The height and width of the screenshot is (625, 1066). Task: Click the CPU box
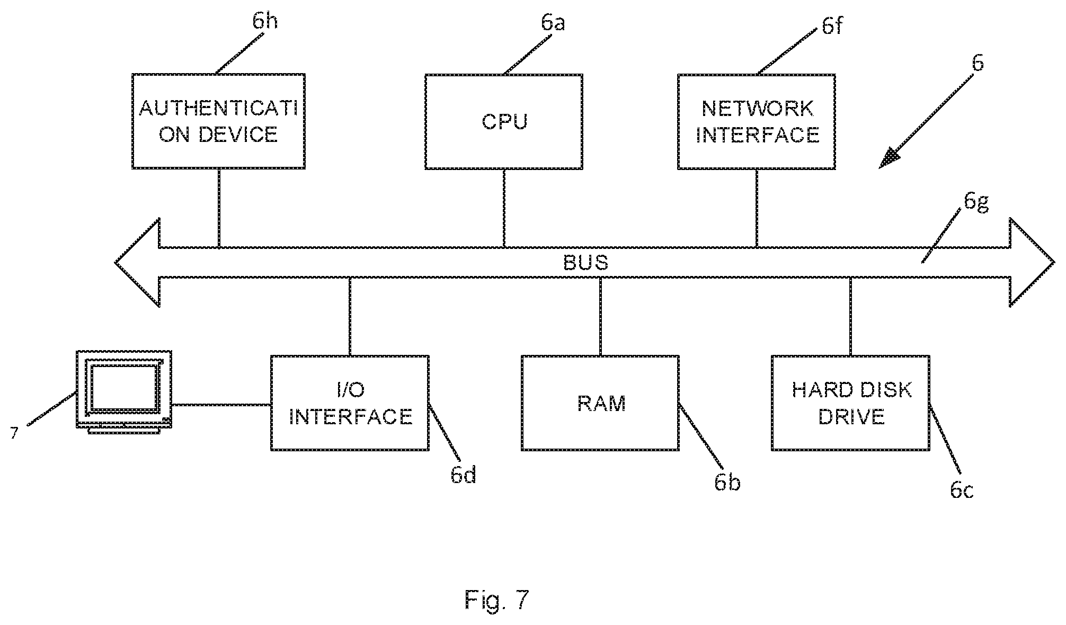tap(504, 122)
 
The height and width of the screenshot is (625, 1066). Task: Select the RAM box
tap(600, 403)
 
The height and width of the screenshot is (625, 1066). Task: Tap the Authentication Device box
tap(218, 121)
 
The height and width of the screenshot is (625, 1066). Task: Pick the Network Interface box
tap(757, 122)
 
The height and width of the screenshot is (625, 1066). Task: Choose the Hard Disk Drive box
tap(850, 403)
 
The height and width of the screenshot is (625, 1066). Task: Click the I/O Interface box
tap(350, 403)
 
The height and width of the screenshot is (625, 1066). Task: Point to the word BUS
tap(585, 263)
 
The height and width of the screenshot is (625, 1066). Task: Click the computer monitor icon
tap(125, 392)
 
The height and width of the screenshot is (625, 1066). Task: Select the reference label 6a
tap(553, 22)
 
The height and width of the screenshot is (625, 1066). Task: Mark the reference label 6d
tap(464, 475)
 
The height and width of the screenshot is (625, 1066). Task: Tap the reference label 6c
tap(962, 490)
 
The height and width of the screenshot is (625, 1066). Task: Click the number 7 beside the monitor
tap(14, 433)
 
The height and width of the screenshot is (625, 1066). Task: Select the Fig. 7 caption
tap(497, 599)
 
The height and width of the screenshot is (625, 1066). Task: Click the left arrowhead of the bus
tap(138, 262)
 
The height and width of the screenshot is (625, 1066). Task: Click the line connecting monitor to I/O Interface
tap(221, 405)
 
